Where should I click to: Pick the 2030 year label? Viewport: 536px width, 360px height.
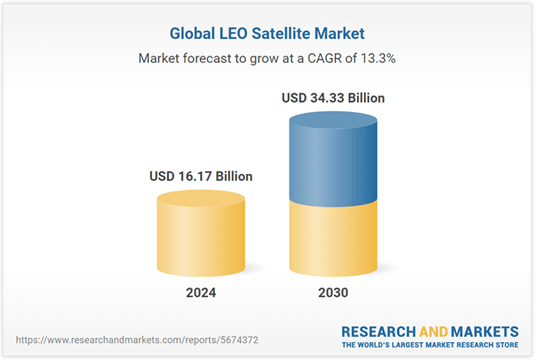[332, 292]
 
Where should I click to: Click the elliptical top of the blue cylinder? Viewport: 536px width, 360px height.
[332, 122]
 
